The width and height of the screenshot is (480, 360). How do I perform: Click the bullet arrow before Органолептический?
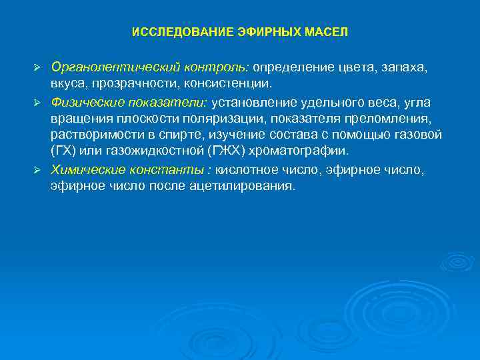click(x=39, y=69)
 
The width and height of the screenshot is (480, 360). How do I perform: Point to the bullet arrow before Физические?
click(x=39, y=102)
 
